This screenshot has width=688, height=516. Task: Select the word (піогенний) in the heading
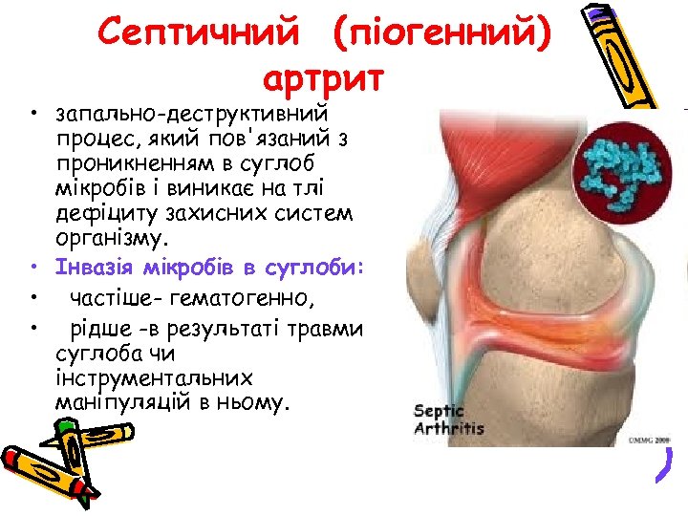[x=441, y=34]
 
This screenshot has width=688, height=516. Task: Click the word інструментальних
[x=153, y=376]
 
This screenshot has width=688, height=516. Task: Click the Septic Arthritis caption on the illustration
[x=448, y=419]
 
